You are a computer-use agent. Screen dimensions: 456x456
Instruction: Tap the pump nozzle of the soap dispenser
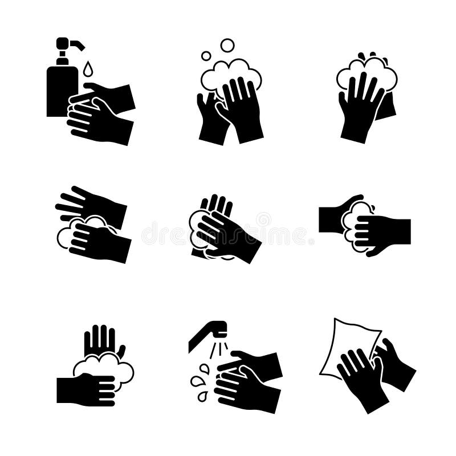[x=76, y=43]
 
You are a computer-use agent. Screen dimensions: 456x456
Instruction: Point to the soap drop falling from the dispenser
[x=87, y=70]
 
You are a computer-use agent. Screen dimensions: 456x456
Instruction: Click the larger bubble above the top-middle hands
[x=227, y=45]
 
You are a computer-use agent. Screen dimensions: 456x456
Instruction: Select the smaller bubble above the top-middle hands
[x=206, y=56]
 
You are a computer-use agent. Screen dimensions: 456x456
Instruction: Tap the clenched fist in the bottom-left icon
[x=91, y=390]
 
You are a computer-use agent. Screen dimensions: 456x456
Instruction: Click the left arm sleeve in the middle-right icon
[x=331, y=219]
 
